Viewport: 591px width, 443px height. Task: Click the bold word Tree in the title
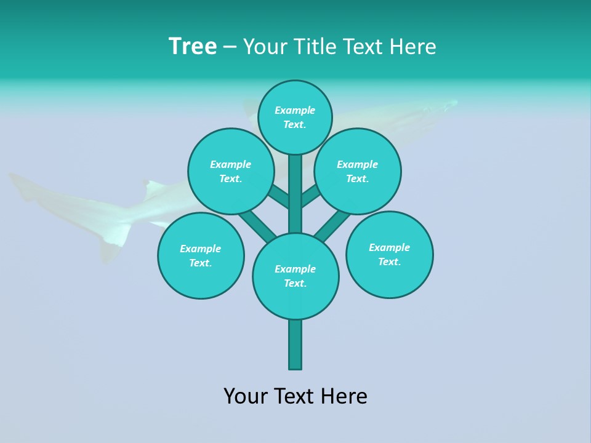tap(193, 47)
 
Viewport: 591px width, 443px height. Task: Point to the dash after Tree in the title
tap(230, 47)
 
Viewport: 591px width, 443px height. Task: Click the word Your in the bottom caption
tap(245, 396)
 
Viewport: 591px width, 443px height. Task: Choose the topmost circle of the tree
tap(295, 117)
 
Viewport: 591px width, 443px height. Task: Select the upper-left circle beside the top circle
tap(231, 171)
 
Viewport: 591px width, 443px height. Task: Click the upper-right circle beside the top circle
tap(358, 171)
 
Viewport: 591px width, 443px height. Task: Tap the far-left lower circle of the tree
tap(201, 255)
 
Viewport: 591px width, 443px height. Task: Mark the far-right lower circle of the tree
tap(389, 254)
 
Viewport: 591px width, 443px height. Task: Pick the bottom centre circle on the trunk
tap(295, 276)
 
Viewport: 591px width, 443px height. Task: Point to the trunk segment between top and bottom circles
tap(295, 194)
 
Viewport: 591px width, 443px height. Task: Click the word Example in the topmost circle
tap(295, 110)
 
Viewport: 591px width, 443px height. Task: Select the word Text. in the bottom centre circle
tap(295, 283)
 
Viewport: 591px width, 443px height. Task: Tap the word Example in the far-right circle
tap(389, 247)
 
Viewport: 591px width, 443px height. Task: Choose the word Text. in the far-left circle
tap(200, 263)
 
